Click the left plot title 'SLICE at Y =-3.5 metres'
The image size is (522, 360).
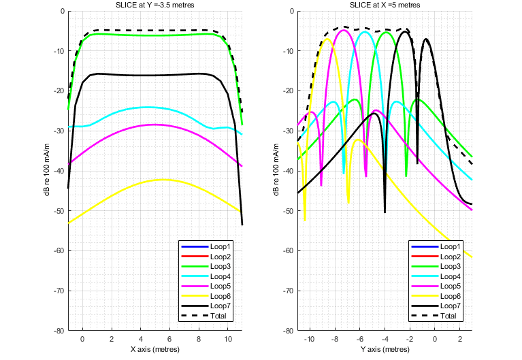155,5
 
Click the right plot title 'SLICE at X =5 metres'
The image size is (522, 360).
385,5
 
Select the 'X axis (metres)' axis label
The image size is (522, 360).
155,349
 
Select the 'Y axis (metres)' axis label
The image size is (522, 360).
385,349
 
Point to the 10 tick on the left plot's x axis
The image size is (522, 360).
228,338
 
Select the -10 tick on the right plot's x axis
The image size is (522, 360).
310,338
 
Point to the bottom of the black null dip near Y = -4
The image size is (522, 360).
385,212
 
